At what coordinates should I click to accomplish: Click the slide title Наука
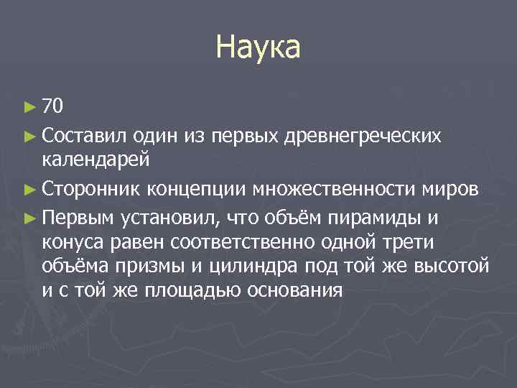pos(258,49)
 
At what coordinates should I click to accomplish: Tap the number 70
pos(54,107)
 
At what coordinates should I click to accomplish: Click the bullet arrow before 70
pos(29,108)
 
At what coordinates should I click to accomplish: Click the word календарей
pos(96,159)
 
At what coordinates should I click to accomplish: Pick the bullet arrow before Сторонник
pos(29,190)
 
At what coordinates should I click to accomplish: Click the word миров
pos(450,189)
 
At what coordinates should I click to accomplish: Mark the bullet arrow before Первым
pos(29,216)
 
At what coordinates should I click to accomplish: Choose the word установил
pos(172,216)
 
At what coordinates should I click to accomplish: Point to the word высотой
pos(450,266)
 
